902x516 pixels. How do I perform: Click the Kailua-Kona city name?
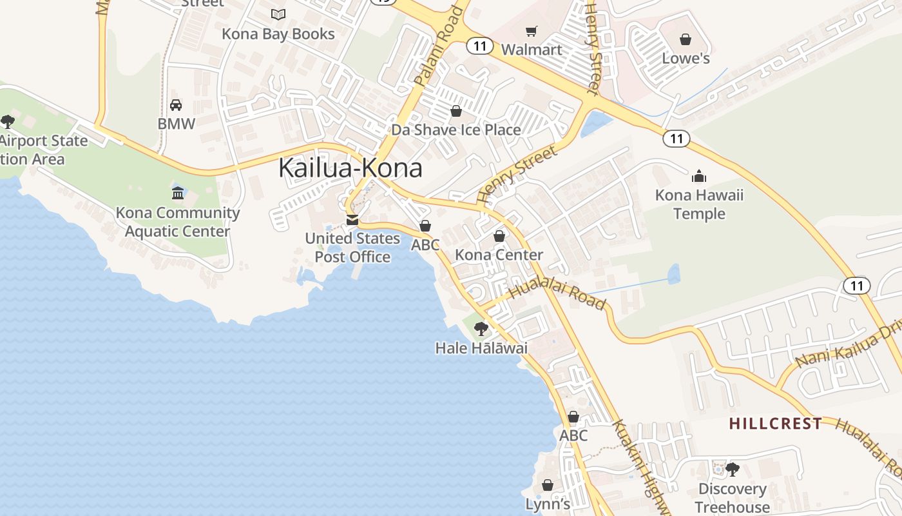(x=350, y=168)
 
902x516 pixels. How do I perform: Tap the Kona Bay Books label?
(x=278, y=34)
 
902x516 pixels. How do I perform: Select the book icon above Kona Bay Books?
(x=278, y=14)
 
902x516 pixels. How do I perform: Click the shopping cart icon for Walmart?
(x=532, y=31)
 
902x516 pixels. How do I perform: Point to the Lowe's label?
(x=686, y=59)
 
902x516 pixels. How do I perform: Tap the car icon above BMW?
(x=176, y=104)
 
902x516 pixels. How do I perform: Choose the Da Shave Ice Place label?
(x=456, y=130)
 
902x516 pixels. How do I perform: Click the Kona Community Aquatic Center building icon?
(x=178, y=192)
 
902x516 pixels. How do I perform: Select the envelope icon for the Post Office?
(x=352, y=220)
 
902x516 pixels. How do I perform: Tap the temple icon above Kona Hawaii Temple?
(x=699, y=175)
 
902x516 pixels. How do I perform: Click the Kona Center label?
(x=499, y=255)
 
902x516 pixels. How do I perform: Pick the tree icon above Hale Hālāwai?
(x=481, y=329)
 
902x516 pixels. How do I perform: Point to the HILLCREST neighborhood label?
(x=775, y=424)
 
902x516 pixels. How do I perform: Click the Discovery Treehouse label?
(x=732, y=498)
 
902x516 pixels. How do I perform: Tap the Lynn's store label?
(x=547, y=504)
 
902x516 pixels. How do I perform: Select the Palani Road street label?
(x=439, y=46)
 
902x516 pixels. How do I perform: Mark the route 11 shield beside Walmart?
(x=479, y=46)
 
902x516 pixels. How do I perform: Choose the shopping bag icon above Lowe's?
(x=686, y=39)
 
